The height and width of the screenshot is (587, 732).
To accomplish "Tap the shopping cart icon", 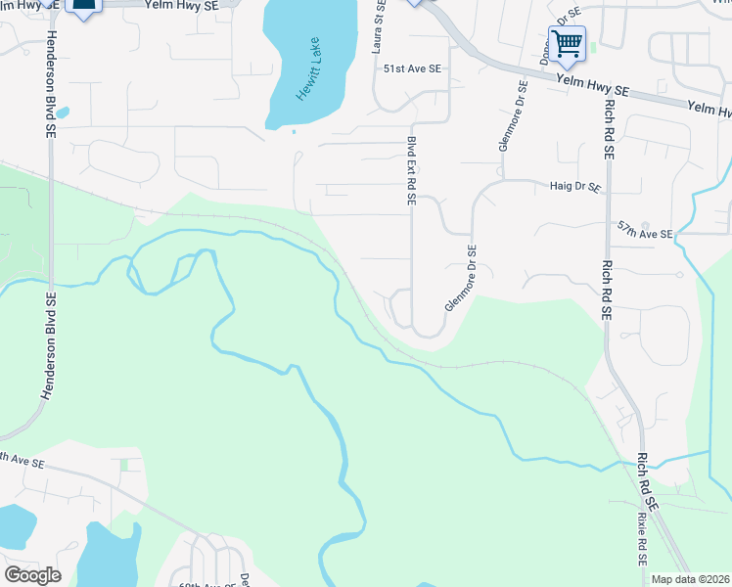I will tap(567, 44).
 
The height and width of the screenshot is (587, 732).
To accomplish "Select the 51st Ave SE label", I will tap(412, 69).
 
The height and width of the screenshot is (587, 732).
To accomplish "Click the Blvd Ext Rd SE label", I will tap(412, 171).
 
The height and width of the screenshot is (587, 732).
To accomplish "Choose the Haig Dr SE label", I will tap(575, 186).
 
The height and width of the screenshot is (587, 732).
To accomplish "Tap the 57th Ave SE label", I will tap(645, 234).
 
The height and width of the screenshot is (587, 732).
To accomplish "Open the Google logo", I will tap(32, 575).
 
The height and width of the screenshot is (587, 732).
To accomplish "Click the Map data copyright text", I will tap(690, 579).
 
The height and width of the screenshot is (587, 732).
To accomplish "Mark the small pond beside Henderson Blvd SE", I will tap(63, 113).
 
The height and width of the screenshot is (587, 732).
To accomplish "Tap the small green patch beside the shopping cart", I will tap(593, 46).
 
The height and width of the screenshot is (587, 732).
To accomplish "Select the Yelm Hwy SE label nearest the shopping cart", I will tap(591, 90).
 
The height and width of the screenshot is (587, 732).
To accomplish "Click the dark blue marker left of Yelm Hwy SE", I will tap(84, 8).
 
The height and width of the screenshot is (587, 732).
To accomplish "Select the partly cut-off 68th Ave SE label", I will tap(206, 583).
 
